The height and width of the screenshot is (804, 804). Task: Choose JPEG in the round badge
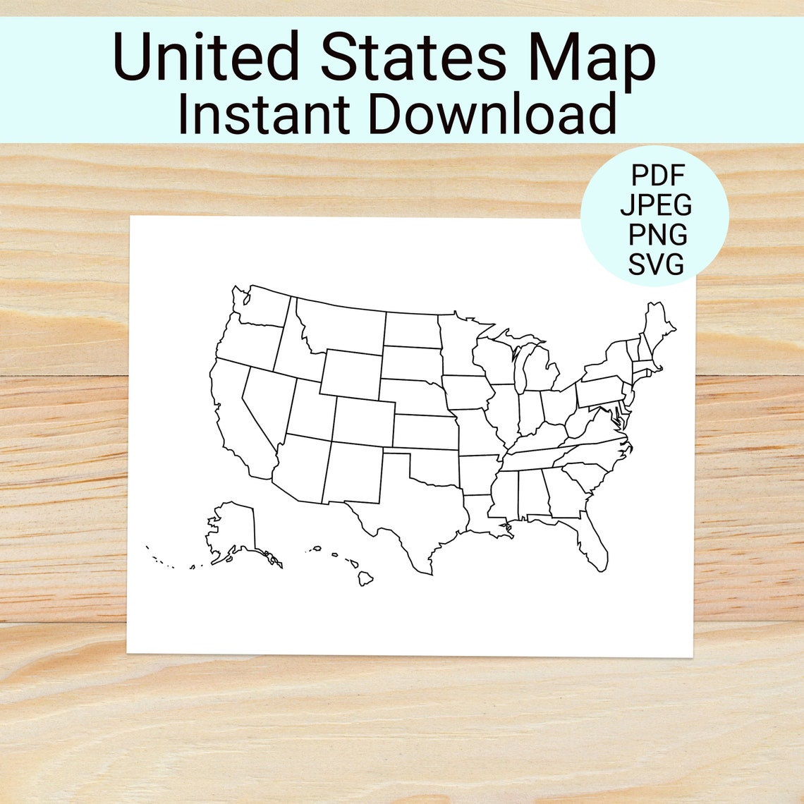(x=657, y=205)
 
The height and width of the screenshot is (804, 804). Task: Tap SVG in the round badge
(x=657, y=264)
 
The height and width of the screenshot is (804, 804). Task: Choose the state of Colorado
(x=363, y=421)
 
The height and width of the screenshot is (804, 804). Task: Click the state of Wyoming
(x=351, y=373)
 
